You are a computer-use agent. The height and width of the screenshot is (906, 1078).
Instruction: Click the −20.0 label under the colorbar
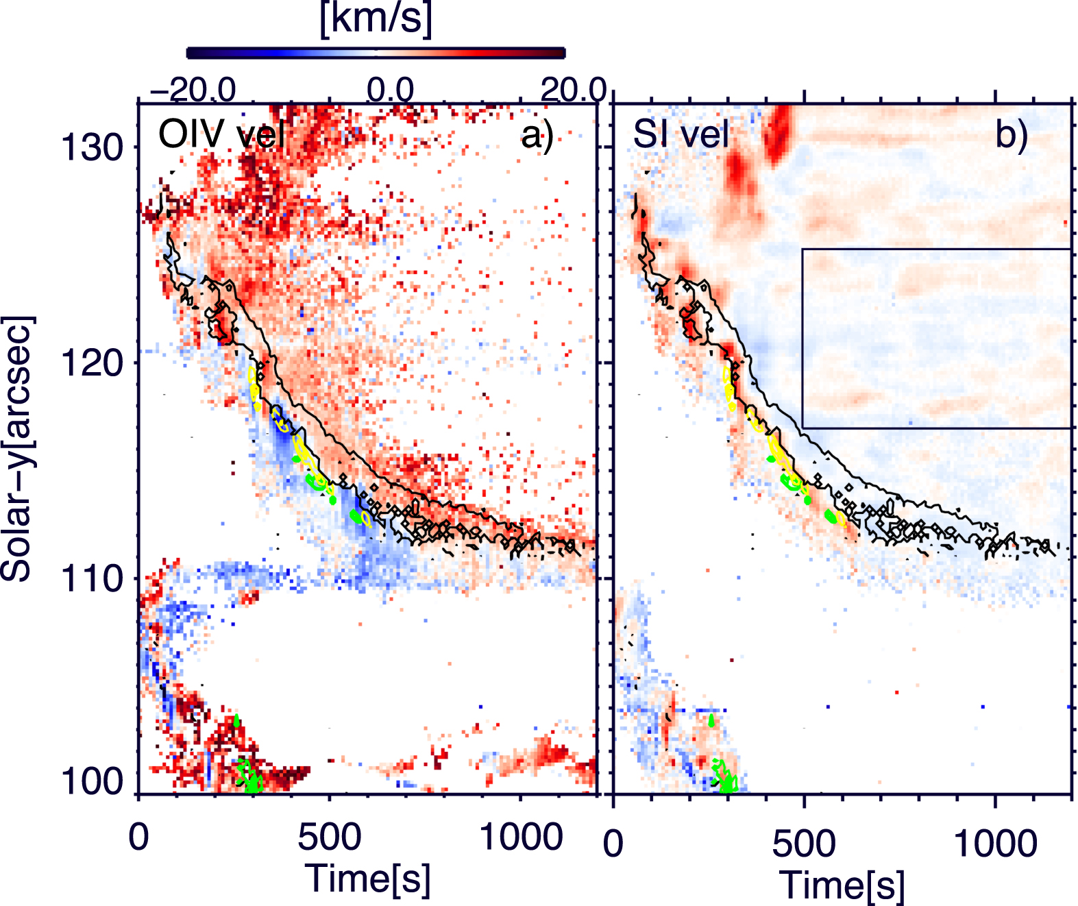pyautogui.click(x=194, y=90)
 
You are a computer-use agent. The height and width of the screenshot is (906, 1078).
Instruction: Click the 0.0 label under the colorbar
pyautogui.click(x=390, y=90)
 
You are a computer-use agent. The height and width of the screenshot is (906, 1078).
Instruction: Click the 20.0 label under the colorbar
pyautogui.click(x=574, y=90)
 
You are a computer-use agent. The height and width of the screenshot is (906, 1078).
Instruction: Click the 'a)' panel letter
pyautogui.click(x=537, y=134)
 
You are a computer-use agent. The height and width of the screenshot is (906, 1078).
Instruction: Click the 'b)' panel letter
pyautogui.click(x=1012, y=134)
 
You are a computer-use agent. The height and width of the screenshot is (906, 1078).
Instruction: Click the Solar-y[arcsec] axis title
pyautogui.click(x=18, y=449)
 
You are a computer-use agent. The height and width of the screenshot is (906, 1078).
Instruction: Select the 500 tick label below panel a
pyautogui.click(x=329, y=837)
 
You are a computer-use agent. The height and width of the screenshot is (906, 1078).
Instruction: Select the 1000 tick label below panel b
pyautogui.click(x=995, y=843)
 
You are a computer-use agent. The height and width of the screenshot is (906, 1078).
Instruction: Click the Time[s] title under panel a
pyautogui.click(x=368, y=879)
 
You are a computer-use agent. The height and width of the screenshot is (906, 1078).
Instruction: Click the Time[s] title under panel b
pyautogui.click(x=842, y=885)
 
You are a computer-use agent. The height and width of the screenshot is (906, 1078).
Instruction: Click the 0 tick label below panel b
pyautogui.click(x=613, y=843)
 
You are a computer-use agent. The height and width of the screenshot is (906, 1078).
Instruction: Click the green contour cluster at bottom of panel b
pyautogui.click(x=724, y=774)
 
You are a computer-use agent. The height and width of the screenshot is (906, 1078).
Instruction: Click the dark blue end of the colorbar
pyautogui.click(x=199, y=53)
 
